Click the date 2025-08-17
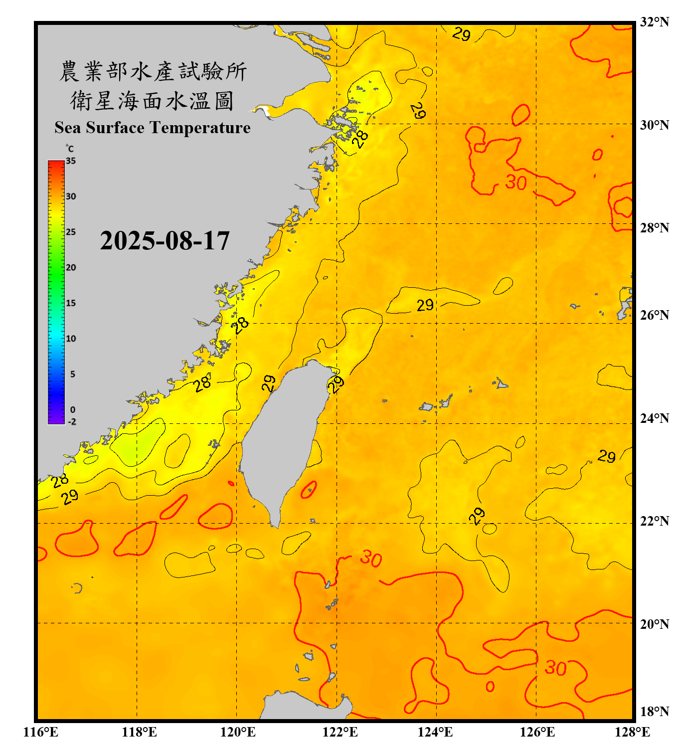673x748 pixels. pos(165,241)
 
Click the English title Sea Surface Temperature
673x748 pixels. pos(153,128)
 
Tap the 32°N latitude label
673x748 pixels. pos(654,22)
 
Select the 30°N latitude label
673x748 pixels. pos(654,125)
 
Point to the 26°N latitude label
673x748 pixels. pos(654,315)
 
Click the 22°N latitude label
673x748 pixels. pos(654,521)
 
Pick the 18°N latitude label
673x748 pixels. pos(654,712)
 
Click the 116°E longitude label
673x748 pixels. pos(41,732)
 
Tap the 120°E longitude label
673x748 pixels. pos(238,732)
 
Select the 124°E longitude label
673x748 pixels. pos(435,732)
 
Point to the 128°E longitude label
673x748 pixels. pos(632,732)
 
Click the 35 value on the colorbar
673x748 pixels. pos(71,161)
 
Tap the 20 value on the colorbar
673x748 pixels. pos(71,267)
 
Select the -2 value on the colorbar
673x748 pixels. pos(72,421)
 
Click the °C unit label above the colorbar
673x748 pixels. pos(69,149)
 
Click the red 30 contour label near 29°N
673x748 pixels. pos(516,183)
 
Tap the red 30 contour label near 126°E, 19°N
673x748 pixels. pos(555,668)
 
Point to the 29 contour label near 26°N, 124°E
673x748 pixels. pos(425,305)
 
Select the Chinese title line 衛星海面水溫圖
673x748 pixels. pos(152,101)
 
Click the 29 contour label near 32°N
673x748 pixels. pos(462,34)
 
